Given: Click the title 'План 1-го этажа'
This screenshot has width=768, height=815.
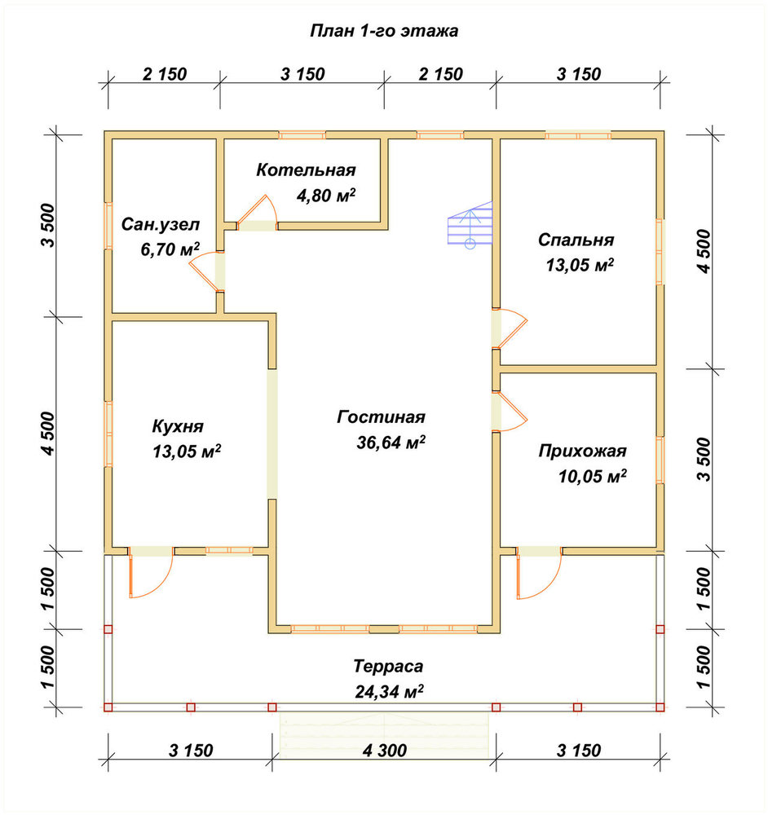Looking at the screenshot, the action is click(384, 31).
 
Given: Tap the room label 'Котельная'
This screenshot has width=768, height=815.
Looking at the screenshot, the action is click(306, 170).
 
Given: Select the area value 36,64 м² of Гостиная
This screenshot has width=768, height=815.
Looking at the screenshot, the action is click(391, 443).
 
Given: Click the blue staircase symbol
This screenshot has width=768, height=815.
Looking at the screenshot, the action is click(470, 224).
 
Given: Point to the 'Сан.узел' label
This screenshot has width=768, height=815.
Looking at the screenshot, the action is click(160, 225).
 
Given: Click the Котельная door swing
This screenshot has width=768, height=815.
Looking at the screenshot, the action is click(257, 212).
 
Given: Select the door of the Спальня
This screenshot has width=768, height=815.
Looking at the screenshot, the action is click(510, 328).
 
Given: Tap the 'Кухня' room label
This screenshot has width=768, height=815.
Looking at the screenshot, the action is click(178, 426).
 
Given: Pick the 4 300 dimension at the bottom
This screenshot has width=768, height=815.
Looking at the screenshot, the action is click(385, 751).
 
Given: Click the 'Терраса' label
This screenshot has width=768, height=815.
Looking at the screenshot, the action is click(388, 666).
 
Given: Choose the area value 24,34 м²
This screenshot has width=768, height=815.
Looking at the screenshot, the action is click(389, 692).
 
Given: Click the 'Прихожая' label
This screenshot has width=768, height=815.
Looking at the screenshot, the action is click(582, 451).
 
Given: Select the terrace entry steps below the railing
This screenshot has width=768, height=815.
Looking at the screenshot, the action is click(384, 735).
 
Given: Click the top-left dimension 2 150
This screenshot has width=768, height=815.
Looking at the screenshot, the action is click(165, 74).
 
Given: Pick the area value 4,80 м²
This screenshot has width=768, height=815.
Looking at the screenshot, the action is click(326, 196).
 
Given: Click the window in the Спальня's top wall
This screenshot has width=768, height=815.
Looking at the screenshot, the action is click(578, 135).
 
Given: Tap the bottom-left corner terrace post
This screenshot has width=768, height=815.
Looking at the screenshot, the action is click(108, 707).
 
